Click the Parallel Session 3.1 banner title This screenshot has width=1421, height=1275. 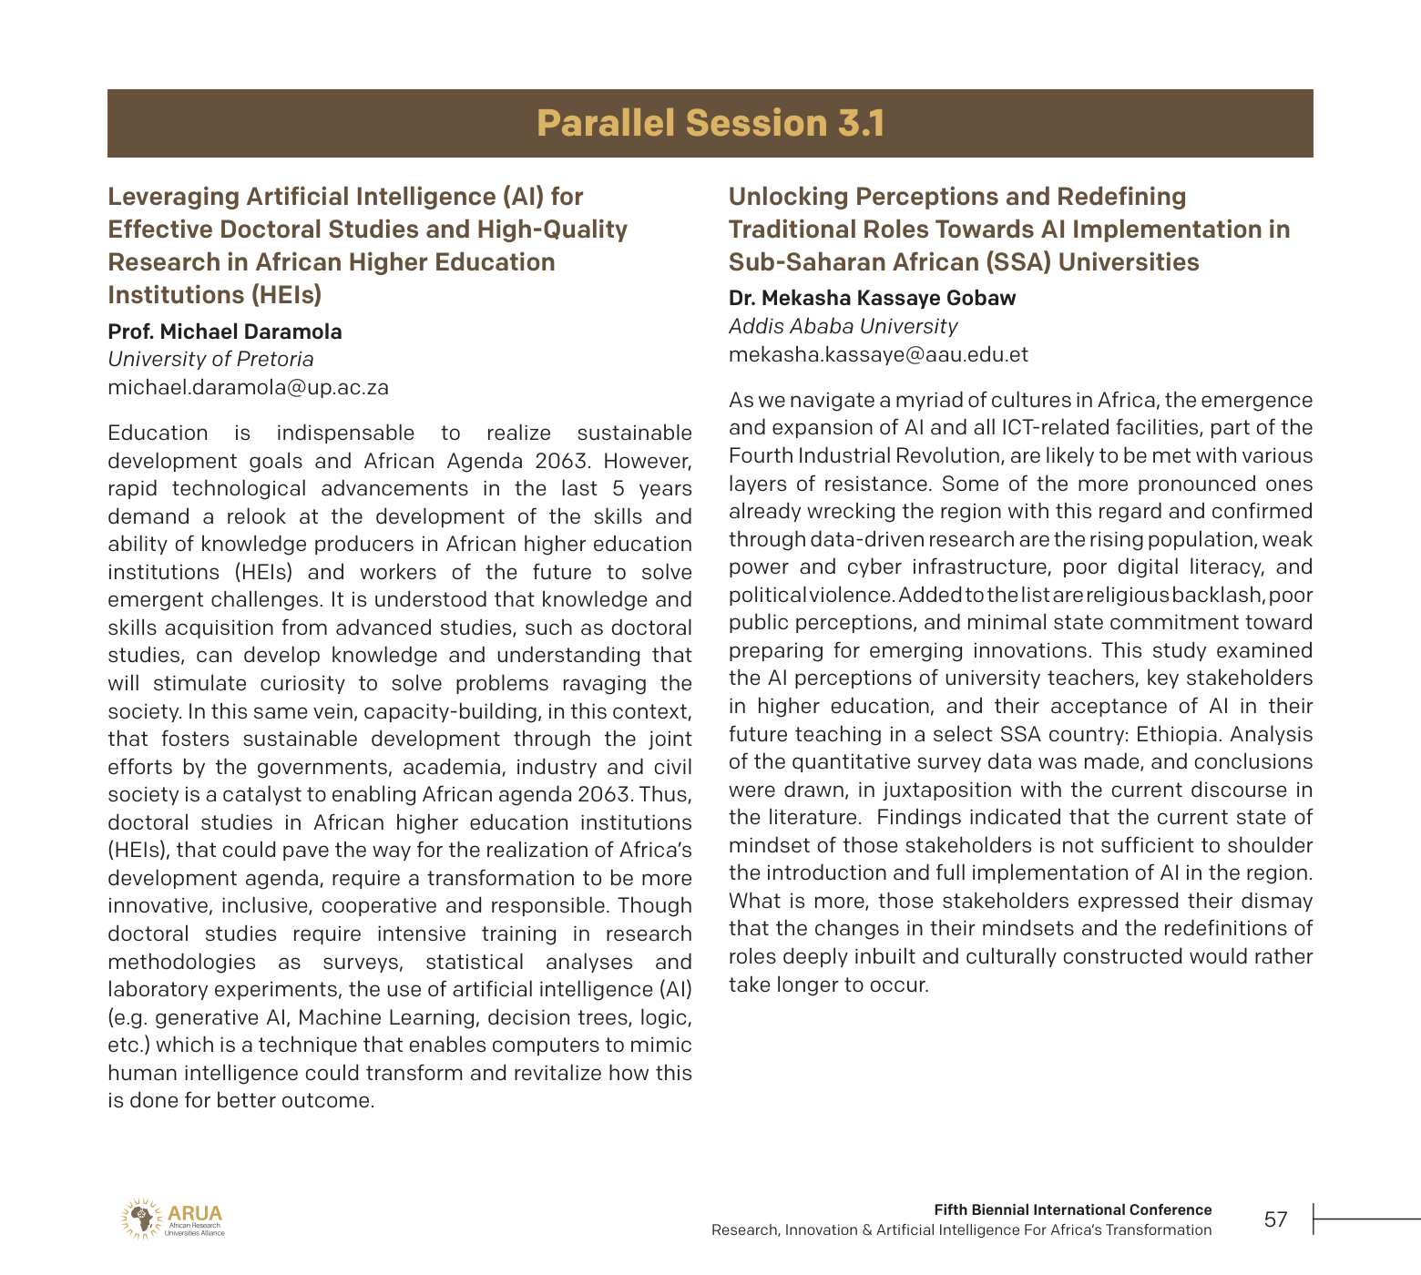pyautogui.click(x=710, y=124)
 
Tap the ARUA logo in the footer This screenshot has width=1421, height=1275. pyautogui.click(x=172, y=1219)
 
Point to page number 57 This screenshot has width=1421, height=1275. pyautogui.click(x=1276, y=1219)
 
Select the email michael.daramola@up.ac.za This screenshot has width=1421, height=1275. pyautogui.click(x=248, y=387)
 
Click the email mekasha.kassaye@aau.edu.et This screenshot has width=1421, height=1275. pyautogui.click(x=878, y=354)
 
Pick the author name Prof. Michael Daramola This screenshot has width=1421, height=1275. pyautogui.click(x=225, y=331)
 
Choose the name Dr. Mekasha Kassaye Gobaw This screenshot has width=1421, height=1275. pyautogui.click(x=872, y=298)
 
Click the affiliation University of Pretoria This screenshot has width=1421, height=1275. pyautogui.click(x=210, y=359)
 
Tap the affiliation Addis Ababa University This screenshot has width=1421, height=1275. pyautogui.click(x=843, y=326)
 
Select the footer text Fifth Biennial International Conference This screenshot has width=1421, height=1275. pyautogui.click(x=1072, y=1209)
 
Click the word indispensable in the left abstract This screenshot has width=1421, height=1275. pyautogui.click(x=345, y=433)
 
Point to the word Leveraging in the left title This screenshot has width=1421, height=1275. pyautogui.click(x=173, y=197)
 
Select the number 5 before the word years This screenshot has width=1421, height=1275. pyautogui.click(x=618, y=488)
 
